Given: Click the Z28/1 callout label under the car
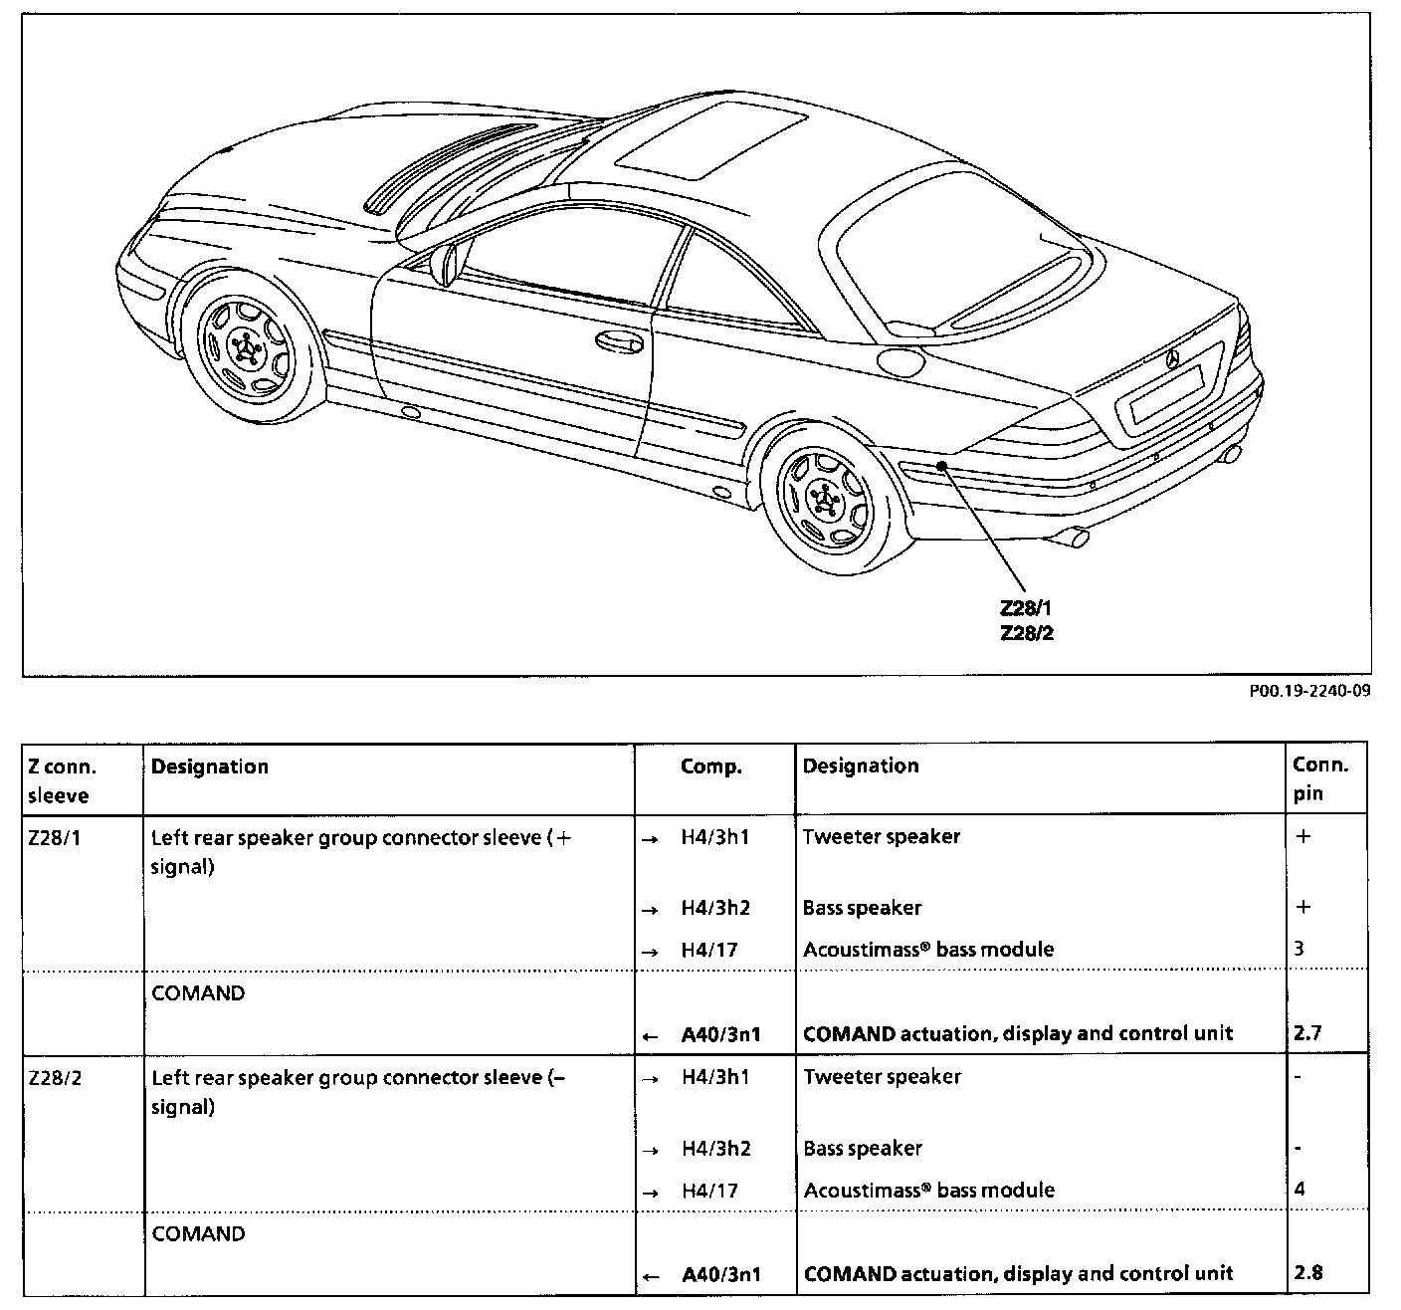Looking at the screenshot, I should coord(1026,609).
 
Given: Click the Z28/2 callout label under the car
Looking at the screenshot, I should coord(1026,632).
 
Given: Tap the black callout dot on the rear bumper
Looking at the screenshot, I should coord(940,465).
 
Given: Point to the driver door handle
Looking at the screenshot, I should coord(618,342).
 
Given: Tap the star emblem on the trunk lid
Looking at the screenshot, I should coord(1172,358).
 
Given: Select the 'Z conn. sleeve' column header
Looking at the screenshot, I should coord(62,780).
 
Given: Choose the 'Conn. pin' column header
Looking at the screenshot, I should coord(1320,778).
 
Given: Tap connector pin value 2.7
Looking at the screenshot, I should coord(1307,1032).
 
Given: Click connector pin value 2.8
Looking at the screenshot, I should coord(1308,1272).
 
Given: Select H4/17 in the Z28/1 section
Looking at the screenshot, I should coord(709,950).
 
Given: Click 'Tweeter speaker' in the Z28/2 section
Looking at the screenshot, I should coord(883,1077).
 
